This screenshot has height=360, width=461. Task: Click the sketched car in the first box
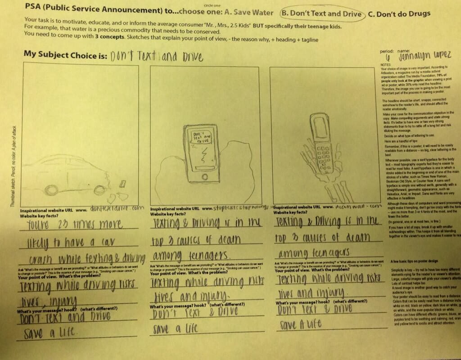pos(68,173)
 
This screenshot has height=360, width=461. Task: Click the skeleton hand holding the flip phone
pos(326,166)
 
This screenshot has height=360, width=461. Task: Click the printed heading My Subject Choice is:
pos(65,55)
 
